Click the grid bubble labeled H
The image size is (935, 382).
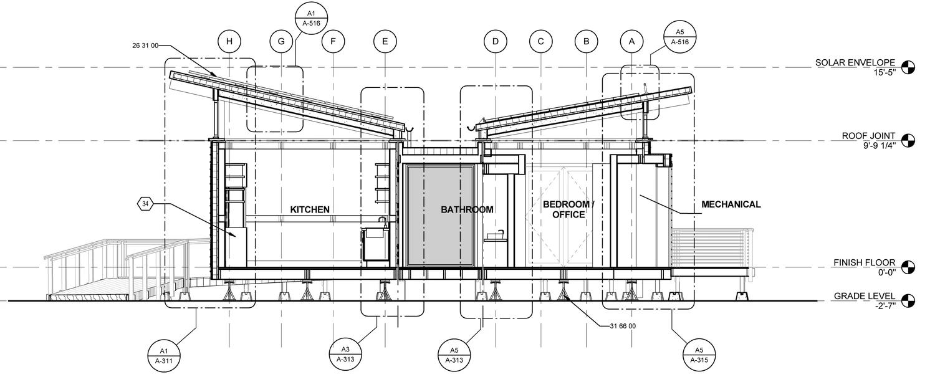[229, 42]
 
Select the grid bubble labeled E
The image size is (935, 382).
[385, 42]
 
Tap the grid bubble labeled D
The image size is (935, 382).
[496, 42]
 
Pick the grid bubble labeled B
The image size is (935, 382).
[587, 42]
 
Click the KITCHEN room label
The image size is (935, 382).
[310, 209]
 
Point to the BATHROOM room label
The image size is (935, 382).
[467, 209]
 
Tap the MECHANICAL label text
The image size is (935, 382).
[731, 204]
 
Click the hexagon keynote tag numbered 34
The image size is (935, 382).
[145, 204]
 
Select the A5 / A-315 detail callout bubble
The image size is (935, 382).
[700, 355]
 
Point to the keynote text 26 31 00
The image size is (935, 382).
[146, 45]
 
